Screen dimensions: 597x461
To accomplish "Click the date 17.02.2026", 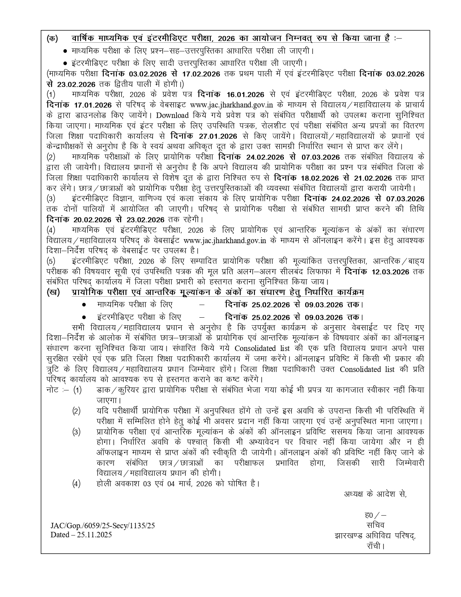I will coord(201,74).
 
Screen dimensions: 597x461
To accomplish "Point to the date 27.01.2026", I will coord(218,136).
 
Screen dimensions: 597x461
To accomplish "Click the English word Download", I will coord(172,115).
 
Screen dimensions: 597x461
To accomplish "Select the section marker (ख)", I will coord(53,293).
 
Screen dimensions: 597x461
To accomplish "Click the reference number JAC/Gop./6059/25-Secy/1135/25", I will coord(103,526).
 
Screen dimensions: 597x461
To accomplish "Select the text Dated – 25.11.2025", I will coord(81,535).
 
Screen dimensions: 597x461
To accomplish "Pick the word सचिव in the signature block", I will coord(375,525).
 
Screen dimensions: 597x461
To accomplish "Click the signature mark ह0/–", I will coord(375,515).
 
